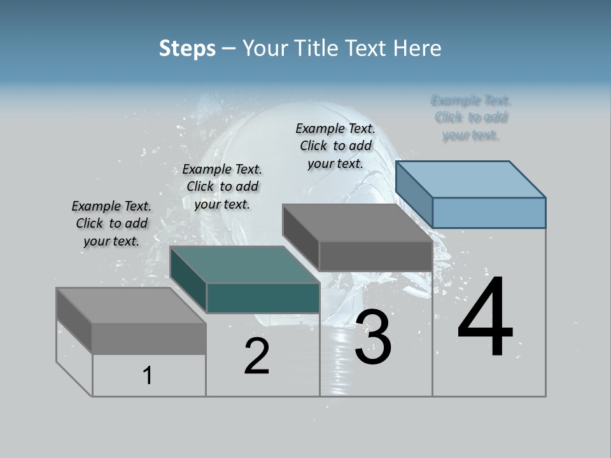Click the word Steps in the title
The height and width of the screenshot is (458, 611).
click(x=187, y=48)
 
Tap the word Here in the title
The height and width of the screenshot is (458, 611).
click(x=418, y=48)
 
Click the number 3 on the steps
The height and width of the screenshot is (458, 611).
click(x=372, y=337)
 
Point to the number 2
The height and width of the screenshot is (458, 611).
click(x=256, y=356)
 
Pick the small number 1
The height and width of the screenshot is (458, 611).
click(x=148, y=375)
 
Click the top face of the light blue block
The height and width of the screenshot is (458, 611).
click(x=471, y=179)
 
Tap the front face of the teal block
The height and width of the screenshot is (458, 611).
click(x=263, y=298)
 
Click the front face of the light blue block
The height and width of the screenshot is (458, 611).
click(x=489, y=212)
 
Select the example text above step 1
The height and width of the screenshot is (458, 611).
click(x=111, y=223)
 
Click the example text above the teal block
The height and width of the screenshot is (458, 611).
click(x=222, y=186)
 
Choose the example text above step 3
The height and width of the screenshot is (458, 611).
click(x=335, y=146)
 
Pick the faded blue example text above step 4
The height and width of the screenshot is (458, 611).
click(x=471, y=118)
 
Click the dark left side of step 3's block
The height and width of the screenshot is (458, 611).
click(x=301, y=235)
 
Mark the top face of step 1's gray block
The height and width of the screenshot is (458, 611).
click(x=130, y=305)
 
